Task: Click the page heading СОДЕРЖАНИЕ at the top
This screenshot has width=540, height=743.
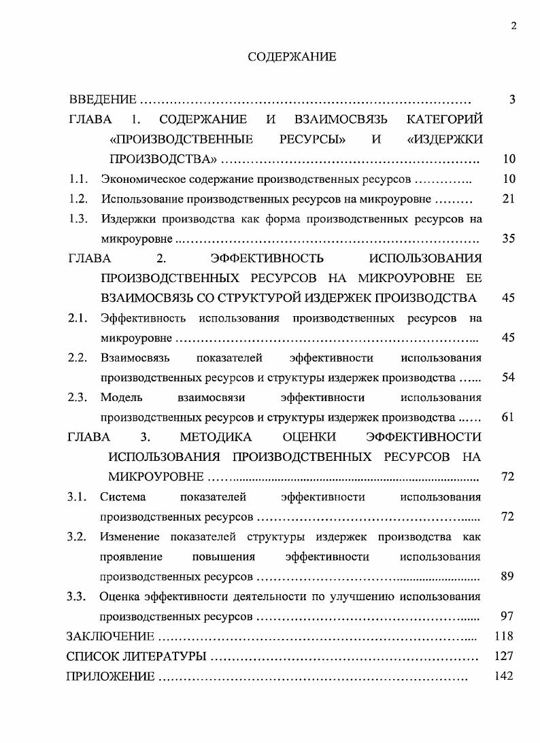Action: coord(292,57)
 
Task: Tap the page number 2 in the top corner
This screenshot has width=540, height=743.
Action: coord(513,26)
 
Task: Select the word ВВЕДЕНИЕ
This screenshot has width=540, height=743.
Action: coord(103,100)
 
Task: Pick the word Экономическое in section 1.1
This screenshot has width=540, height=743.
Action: coord(139,179)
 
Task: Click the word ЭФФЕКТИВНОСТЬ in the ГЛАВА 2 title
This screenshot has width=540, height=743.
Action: coord(267,258)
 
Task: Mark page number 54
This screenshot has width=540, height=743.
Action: coord(508,377)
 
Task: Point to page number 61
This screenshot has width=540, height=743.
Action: coord(508,417)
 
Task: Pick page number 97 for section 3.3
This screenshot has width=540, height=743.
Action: coord(507,617)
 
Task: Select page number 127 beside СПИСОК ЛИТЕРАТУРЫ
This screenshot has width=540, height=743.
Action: coord(504,657)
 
